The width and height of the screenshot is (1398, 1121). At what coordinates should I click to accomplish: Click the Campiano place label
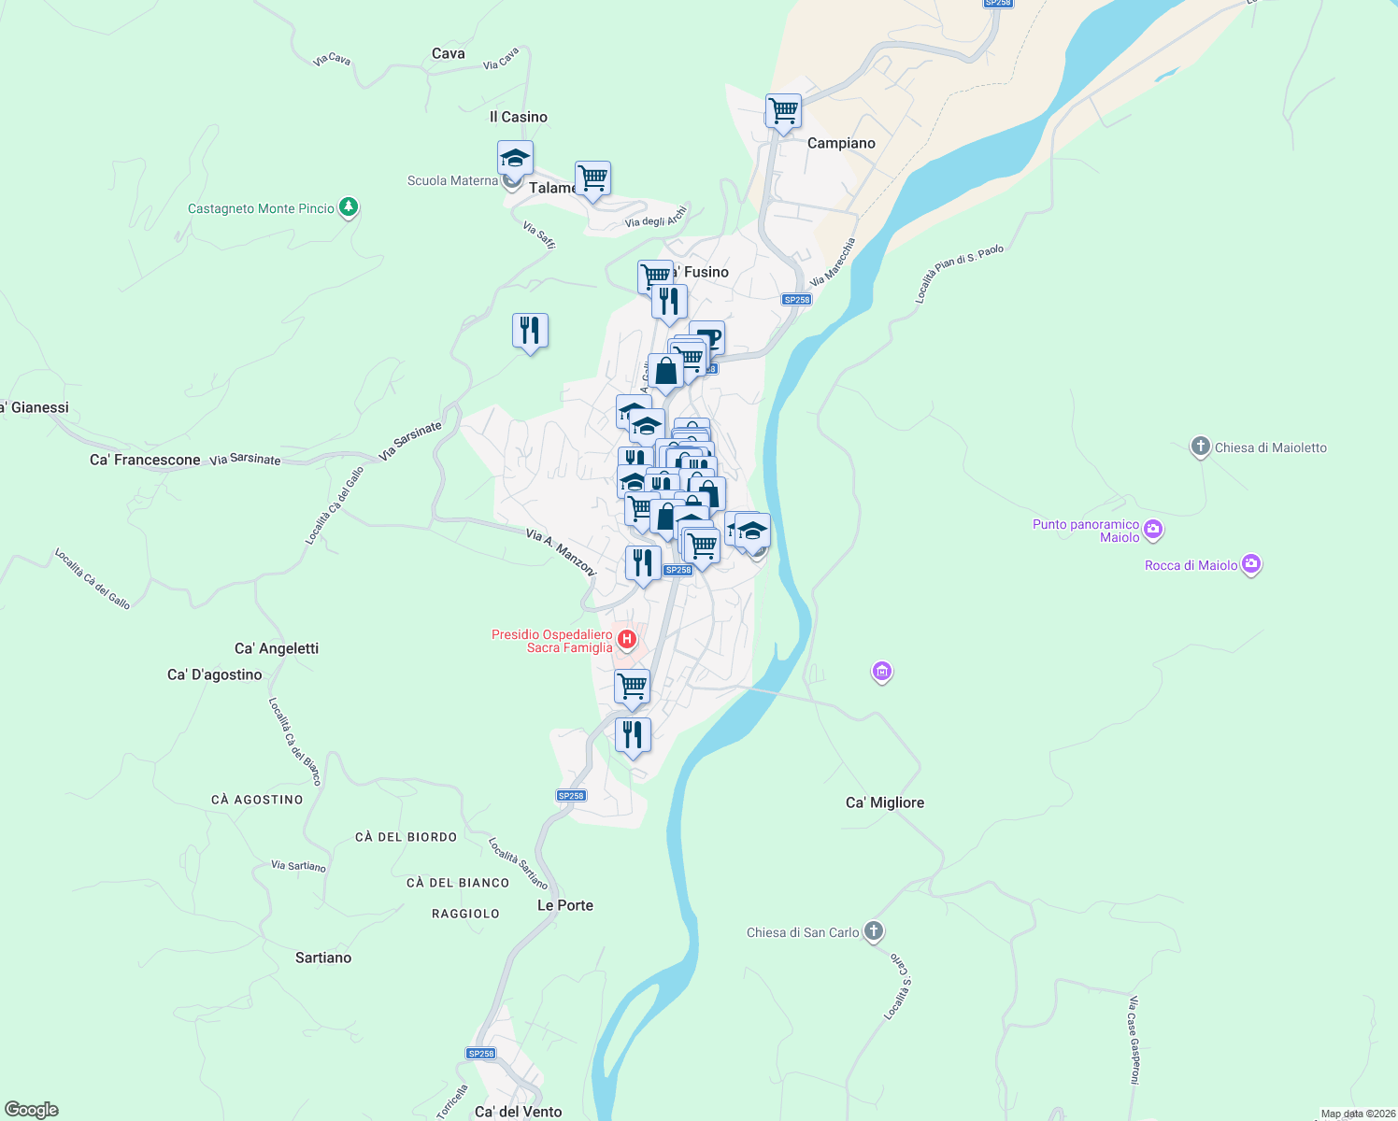point(841,143)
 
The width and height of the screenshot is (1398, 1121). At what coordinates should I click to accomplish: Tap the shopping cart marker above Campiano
point(783,111)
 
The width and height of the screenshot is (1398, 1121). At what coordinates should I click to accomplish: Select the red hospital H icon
point(627,640)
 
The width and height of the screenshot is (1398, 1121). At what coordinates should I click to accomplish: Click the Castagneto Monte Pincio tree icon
point(349,206)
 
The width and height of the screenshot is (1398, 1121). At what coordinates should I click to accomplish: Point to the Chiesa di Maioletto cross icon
point(1200,447)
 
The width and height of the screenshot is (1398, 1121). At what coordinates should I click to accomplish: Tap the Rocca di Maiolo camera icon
point(1251,564)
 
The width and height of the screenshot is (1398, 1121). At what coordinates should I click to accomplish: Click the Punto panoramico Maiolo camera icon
point(1152,530)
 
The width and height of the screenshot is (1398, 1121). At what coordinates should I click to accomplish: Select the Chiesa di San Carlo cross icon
point(873,931)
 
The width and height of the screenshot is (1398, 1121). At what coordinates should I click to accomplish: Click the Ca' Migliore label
point(884,802)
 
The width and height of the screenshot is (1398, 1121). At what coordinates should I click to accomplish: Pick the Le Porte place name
point(564,905)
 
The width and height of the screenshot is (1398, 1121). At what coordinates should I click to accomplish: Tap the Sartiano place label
point(323,958)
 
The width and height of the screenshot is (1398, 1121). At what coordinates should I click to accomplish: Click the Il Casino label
point(519,117)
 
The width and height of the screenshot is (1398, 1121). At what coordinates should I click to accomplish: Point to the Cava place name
point(449,53)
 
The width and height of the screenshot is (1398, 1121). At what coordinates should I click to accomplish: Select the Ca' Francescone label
point(145,460)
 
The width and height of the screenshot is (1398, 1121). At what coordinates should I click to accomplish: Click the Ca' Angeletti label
point(277,648)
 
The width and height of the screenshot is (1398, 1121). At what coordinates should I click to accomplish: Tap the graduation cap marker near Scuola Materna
point(515,158)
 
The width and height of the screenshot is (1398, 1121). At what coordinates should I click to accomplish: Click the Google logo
point(32,1110)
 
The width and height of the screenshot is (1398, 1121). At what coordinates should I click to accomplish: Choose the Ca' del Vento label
point(518,1112)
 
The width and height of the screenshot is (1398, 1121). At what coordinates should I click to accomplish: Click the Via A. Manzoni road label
point(561,551)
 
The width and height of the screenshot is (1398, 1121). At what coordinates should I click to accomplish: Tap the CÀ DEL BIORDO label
point(406,837)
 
